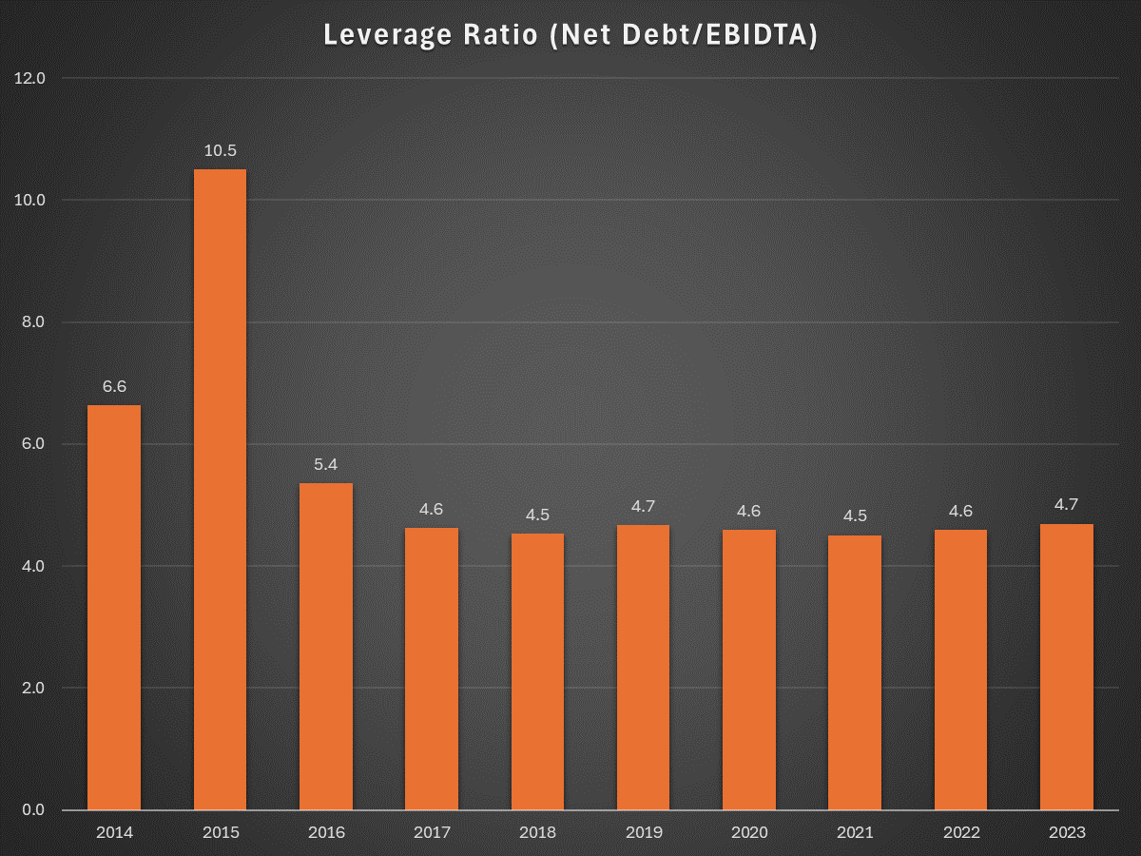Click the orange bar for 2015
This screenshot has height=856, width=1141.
click(220, 489)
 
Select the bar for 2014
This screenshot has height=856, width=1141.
click(114, 607)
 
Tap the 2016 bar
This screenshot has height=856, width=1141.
click(326, 646)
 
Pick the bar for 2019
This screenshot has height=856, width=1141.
click(643, 668)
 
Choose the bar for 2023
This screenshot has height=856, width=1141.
click(1067, 667)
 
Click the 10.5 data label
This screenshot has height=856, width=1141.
click(220, 150)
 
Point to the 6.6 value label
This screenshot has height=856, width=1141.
click(114, 387)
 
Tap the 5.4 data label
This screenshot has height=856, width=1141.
click(326, 465)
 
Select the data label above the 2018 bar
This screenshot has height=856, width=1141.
click(537, 516)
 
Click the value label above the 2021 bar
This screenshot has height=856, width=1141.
click(855, 516)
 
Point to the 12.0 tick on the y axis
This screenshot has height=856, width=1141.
click(29, 79)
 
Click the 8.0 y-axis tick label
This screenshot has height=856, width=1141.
click(33, 322)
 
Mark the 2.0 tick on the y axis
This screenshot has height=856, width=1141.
click(33, 688)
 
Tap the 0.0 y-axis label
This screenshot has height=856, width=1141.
click(33, 809)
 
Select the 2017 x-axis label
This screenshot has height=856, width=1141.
click(432, 833)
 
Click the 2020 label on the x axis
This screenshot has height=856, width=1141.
click(749, 833)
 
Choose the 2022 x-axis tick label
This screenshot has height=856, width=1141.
click(961, 833)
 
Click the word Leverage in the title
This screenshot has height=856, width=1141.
click(388, 36)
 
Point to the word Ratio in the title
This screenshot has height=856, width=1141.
click(500, 35)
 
